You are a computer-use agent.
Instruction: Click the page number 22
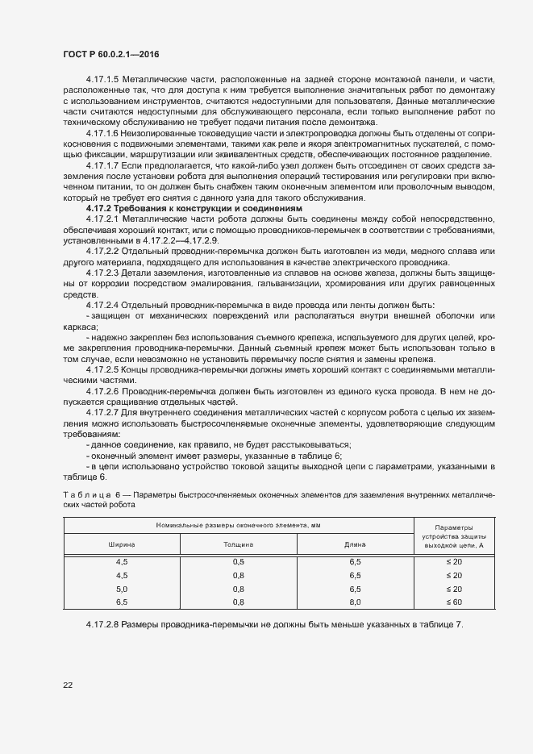point(66,684)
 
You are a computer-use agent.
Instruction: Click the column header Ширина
point(122,544)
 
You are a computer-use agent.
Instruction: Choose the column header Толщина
point(238,544)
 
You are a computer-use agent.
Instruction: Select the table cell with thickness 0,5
point(238,561)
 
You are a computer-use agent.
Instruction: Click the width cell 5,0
point(122,589)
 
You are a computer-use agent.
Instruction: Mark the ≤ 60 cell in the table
point(454,602)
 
